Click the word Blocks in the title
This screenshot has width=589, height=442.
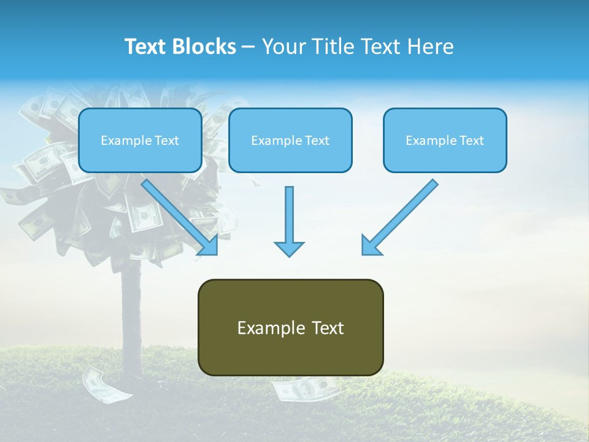click(x=205, y=47)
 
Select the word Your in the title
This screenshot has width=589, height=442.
click(x=283, y=47)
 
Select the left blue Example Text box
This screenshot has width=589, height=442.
click(x=140, y=140)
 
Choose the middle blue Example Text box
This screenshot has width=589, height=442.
click(x=290, y=140)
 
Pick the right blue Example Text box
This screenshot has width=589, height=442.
click(x=445, y=140)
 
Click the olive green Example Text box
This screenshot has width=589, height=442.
click(x=290, y=327)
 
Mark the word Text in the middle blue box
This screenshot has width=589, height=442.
click(x=317, y=141)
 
